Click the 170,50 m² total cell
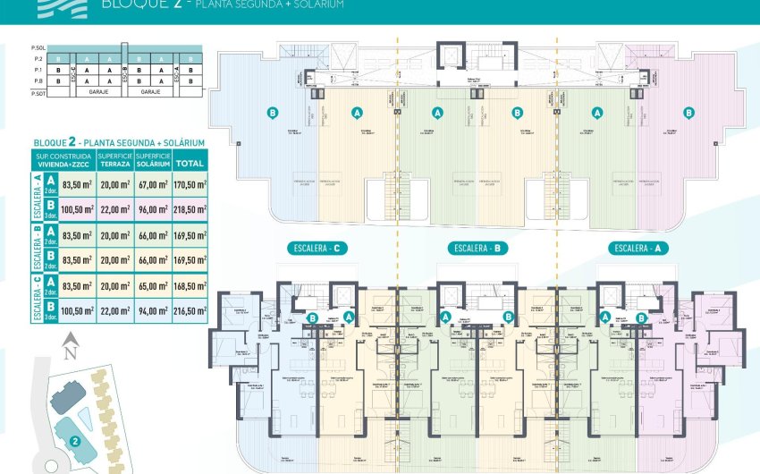190,184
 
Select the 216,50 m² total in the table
190,311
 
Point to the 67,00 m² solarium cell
154,184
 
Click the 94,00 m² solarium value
154,311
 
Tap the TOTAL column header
190,164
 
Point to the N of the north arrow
72,351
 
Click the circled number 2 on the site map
76,441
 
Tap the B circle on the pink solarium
688,113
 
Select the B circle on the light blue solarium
273,113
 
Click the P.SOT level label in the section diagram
38,92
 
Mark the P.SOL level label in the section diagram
38,47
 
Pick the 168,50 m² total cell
190,288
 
